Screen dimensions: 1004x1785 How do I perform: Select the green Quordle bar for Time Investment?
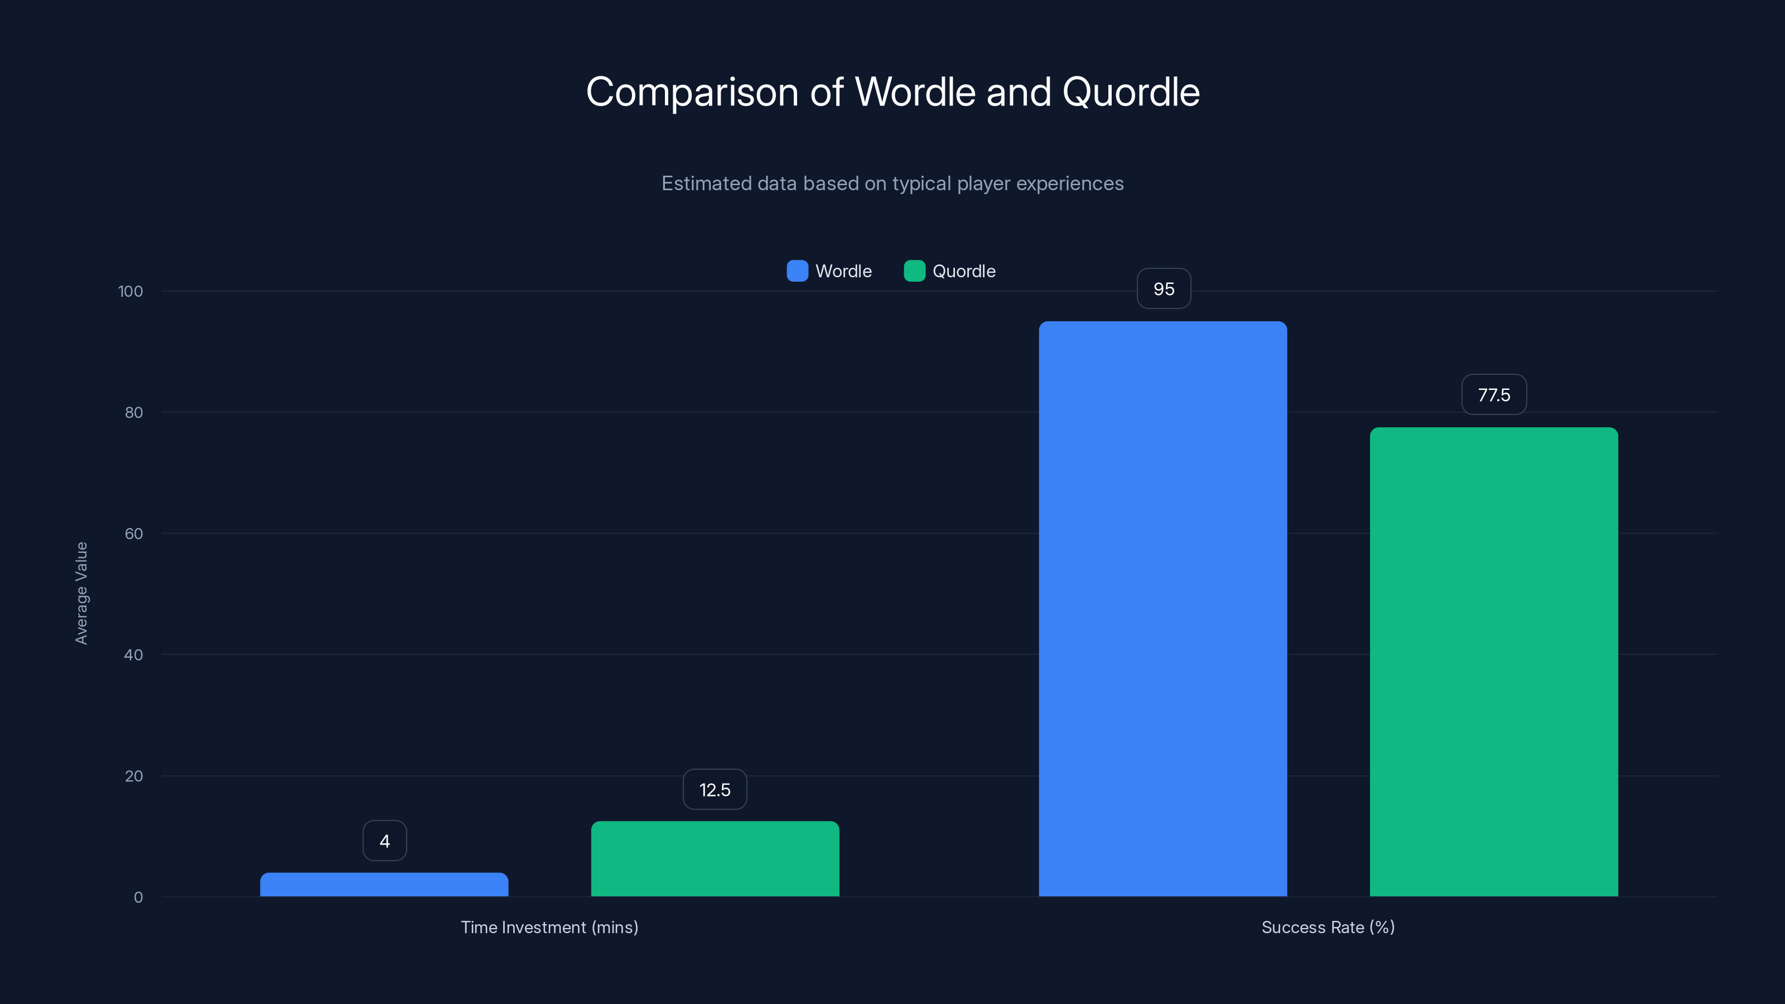pyautogui.click(x=715, y=858)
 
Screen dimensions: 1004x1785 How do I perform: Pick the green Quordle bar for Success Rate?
pyautogui.click(x=1493, y=662)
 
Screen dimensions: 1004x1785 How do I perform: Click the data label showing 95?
pyautogui.click(x=1164, y=289)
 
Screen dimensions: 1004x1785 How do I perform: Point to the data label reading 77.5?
pyautogui.click(x=1493, y=395)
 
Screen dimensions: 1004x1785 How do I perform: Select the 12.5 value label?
pyautogui.click(x=715, y=790)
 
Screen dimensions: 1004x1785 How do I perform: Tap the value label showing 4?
pyautogui.click(x=384, y=841)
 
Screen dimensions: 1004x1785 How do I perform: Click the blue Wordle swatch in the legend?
pyautogui.click(x=797, y=271)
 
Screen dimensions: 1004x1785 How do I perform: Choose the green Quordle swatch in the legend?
pyautogui.click(x=914, y=271)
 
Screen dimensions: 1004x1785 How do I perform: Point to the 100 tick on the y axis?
pyautogui.click(x=131, y=292)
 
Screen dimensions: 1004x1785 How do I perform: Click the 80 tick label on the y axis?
pyautogui.click(x=134, y=413)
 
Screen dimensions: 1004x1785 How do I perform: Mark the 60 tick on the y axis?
pyautogui.click(x=134, y=534)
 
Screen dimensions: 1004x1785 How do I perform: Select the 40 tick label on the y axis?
pyautogui.click(x=134, y=655)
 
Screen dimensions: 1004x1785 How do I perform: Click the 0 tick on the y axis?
pyautogui.click(x=138, y=898)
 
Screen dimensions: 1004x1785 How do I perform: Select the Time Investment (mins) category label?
pyautogui.click(x=549, y=928)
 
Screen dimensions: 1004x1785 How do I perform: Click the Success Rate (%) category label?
pyautogui.click(x=1328, y=928)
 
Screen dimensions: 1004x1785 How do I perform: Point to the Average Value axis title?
pyautogui.click(x=81, y=593)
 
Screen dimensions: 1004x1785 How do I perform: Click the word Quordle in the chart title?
pyautogui.click(x=1130, y=92)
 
